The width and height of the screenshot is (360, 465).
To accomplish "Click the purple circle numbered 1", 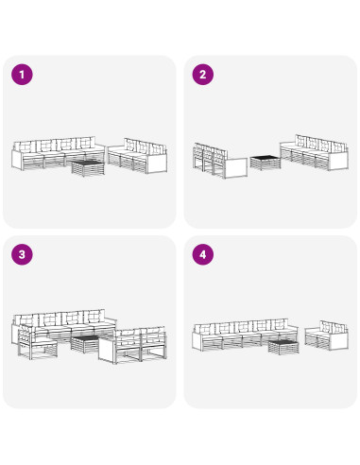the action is pyautogui.click(x=22, y=75).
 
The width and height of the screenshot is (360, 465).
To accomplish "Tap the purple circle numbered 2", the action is pyautogui.click(x=203, y=75).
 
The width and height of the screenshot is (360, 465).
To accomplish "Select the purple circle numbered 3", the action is pyautogui.click(x=22, y=254).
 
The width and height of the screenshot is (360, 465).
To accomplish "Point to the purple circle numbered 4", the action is pyautogui.click(x=203, y=254).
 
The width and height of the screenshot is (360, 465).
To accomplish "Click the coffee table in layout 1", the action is pyautogui.click(x=88, y=168).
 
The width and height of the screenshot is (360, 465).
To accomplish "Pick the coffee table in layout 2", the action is pyautogui.click(x=266, y=163).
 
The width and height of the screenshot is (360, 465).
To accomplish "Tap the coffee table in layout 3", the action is pyautogui.click(x=86, y=344).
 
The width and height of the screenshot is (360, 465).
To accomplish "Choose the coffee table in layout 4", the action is pyautogui.click(x=283, y=347).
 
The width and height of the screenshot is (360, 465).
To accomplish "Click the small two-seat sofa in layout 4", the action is pyautogui.click(x=327, y=336).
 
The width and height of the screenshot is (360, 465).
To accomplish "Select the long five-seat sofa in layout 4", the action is pyautogui.click(x=245, y=335).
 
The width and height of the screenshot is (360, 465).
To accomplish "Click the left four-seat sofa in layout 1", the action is pyautogui.click(x=59, y=153).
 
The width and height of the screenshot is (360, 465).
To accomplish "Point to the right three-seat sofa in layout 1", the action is pyautogui.click(x=137, y=156).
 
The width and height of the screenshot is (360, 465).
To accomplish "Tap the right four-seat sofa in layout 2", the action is pyautogui.click(x=315, y=152).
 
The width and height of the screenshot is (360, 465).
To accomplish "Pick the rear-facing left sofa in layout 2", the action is pyautogui.click(x=220, y=161).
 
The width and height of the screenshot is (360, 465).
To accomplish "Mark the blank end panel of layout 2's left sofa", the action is pyautogui.click(x=236, y=168).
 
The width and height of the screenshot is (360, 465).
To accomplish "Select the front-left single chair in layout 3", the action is pyautogui.click(x=37, y=343).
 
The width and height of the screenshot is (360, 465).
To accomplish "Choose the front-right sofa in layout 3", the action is pyautogui.click(x=132, y=345).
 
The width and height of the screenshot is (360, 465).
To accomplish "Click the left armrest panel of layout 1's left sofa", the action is pyautogui.click(x=17, y=160).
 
